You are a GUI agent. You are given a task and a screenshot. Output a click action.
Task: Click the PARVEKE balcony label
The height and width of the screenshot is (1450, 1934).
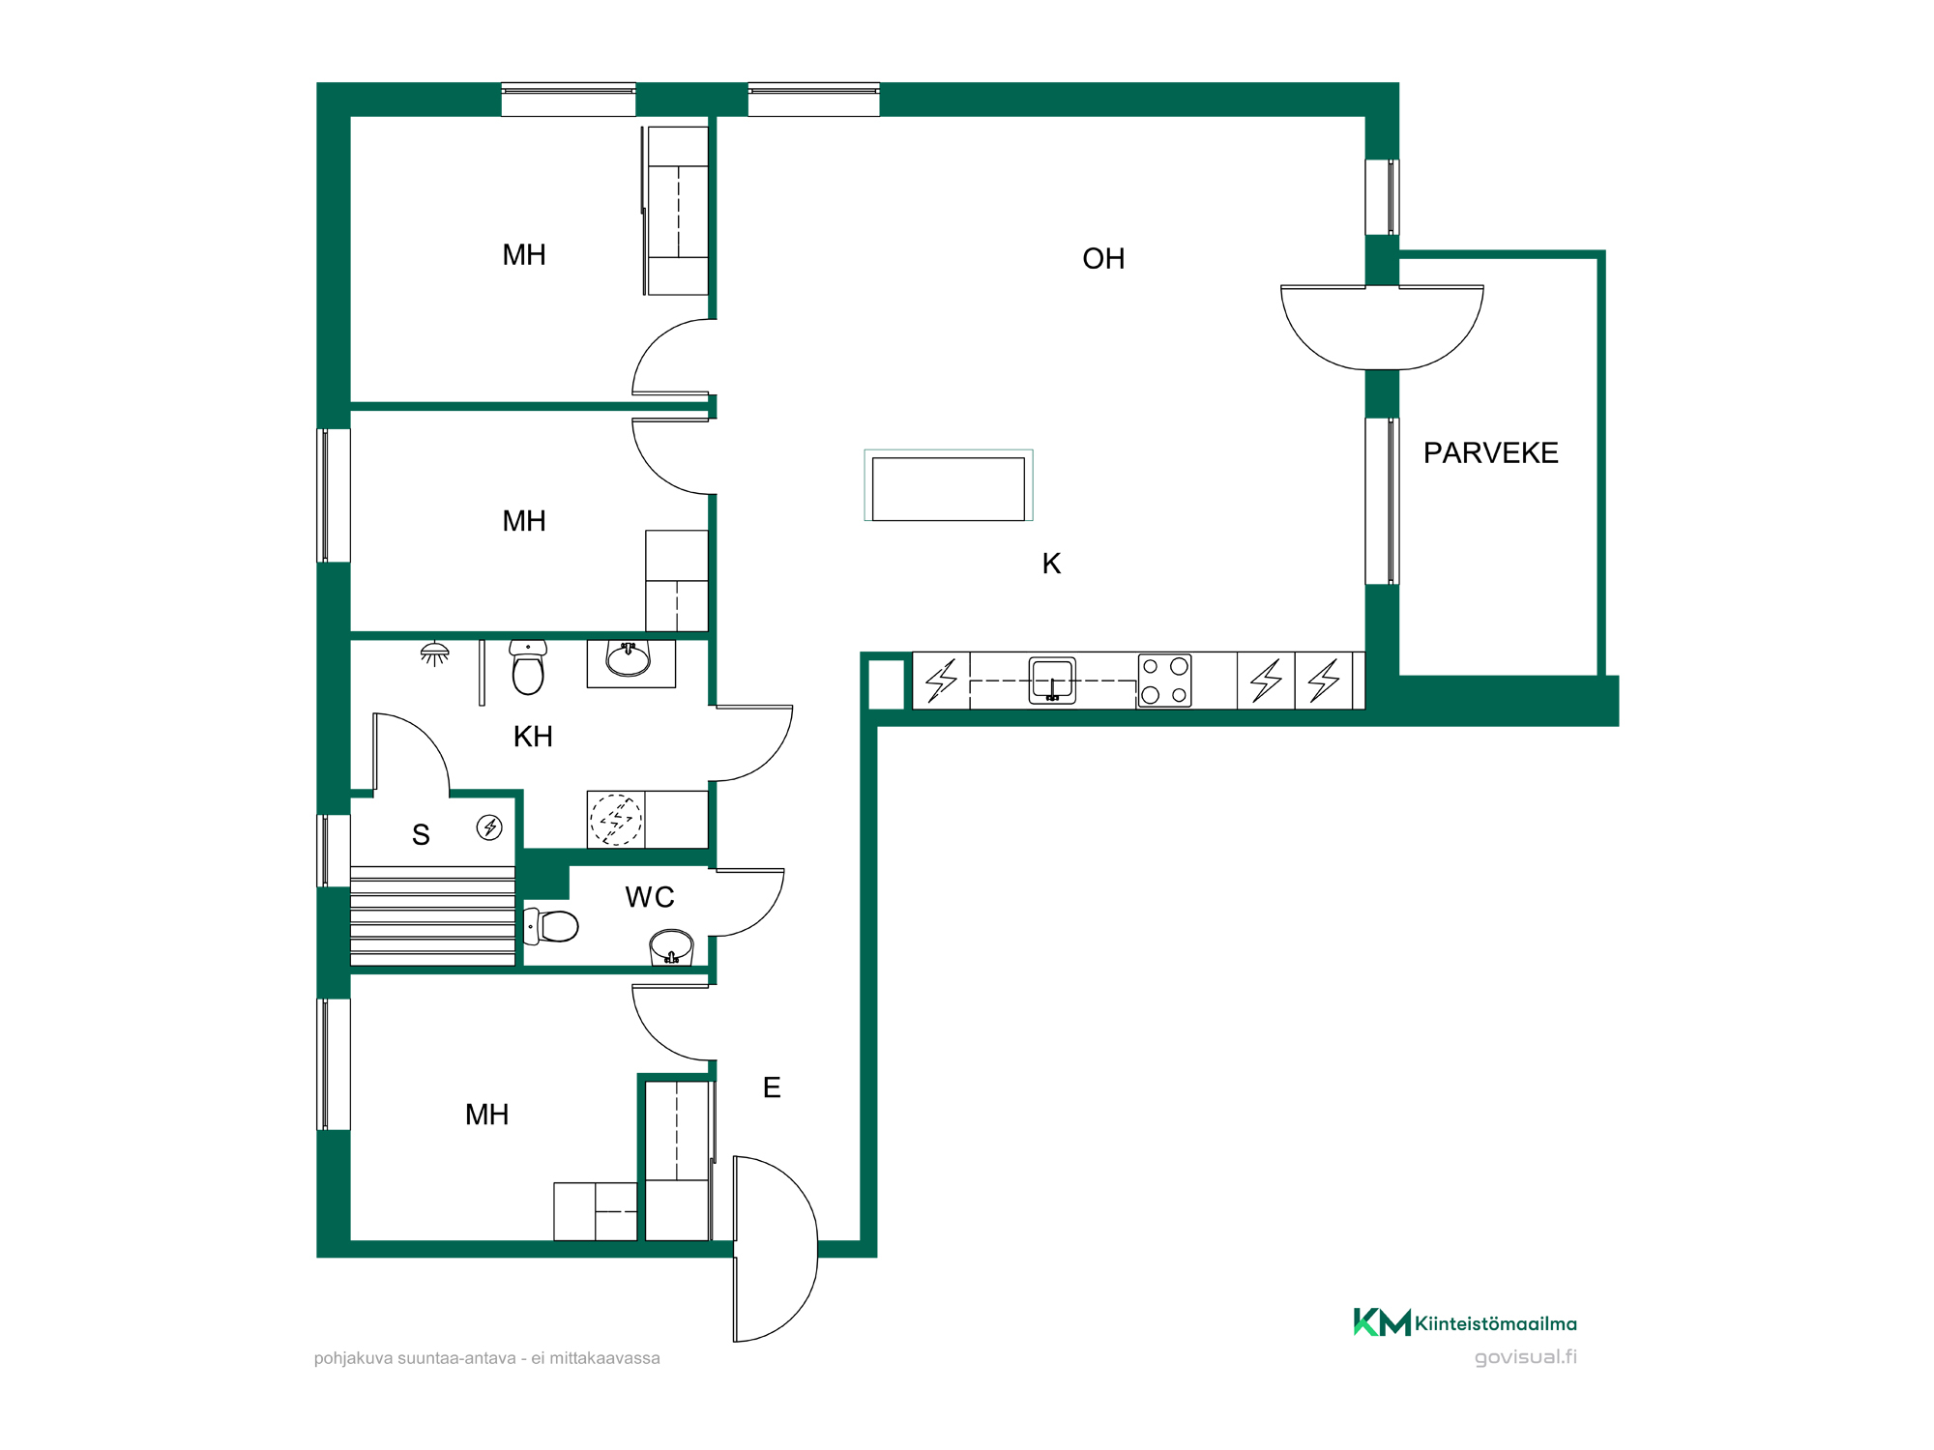pos(1490,452)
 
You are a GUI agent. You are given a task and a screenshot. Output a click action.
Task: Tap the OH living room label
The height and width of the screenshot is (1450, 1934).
pos(1103,259)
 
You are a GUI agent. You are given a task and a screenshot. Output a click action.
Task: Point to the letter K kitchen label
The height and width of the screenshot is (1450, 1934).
pos(1051,564)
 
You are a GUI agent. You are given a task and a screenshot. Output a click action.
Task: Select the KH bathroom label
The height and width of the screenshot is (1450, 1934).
pos(533,737)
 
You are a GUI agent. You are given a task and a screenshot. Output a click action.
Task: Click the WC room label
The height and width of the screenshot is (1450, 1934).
pos(650,897)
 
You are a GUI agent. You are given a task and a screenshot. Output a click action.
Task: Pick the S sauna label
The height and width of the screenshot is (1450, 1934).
pos(421,835)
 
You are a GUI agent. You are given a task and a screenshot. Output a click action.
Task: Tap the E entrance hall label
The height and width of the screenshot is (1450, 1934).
pos(772,1087)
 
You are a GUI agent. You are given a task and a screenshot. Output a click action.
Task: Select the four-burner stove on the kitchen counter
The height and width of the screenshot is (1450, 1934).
pos(1164,681)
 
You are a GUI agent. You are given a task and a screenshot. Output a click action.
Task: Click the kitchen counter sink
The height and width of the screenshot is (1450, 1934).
pos(1052,680)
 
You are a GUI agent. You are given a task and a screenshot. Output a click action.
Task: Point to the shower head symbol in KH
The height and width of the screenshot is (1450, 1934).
pos(435,653)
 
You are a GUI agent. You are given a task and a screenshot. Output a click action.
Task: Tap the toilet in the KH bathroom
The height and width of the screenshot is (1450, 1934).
pos(528,667)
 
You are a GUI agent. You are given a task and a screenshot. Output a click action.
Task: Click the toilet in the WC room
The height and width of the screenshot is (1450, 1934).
pos(551,926)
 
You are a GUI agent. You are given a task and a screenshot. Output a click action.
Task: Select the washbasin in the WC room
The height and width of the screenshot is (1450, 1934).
pos(671,946)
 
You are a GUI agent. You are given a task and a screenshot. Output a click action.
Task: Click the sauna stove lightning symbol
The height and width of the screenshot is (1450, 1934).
pos(489,827)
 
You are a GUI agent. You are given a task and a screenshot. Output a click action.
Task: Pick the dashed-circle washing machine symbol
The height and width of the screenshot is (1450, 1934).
pos(616,820)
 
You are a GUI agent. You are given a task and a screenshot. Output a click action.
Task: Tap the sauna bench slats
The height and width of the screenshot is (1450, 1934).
pos(432,916)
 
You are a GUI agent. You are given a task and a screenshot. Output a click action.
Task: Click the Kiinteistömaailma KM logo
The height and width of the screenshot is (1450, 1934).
pos(1382,1322)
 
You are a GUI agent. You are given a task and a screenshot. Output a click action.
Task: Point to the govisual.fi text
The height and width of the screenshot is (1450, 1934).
pos(1525,1357)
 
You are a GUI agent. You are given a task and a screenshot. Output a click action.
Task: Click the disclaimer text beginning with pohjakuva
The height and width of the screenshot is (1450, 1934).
pos(487,1358)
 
